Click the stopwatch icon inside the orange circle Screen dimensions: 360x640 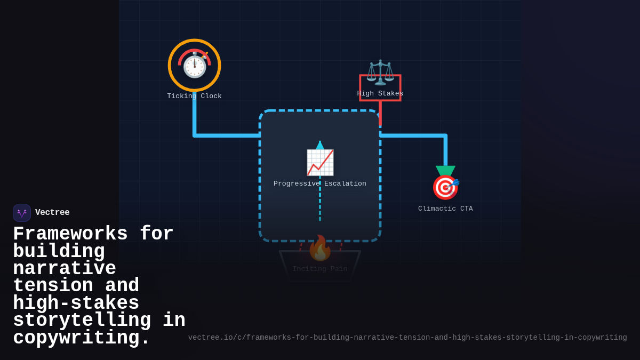coord(195,65)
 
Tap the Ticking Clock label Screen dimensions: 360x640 coord(194,96)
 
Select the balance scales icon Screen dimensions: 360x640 coord(380,72)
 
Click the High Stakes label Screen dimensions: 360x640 coord(380,93)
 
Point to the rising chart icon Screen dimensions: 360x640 coord(320,162)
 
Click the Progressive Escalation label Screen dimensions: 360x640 coord(320,183)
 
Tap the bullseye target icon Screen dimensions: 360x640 coord(445,187)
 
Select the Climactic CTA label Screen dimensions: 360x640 coord(445,209)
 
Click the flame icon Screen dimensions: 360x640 coord(320,248)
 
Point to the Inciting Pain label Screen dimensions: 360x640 coord(320,269)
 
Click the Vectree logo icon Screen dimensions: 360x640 coord(22,213)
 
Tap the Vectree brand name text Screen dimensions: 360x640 coord(52,213)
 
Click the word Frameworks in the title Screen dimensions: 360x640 coord(70,234)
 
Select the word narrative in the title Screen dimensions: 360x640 coord(65,268)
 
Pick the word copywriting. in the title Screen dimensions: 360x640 coord(82,338)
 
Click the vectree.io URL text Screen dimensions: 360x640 coord(407,338)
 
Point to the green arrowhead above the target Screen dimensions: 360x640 coord(445,171)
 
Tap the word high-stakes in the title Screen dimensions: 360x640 coord(76,303)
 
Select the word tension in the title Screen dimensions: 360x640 coord(53,285)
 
